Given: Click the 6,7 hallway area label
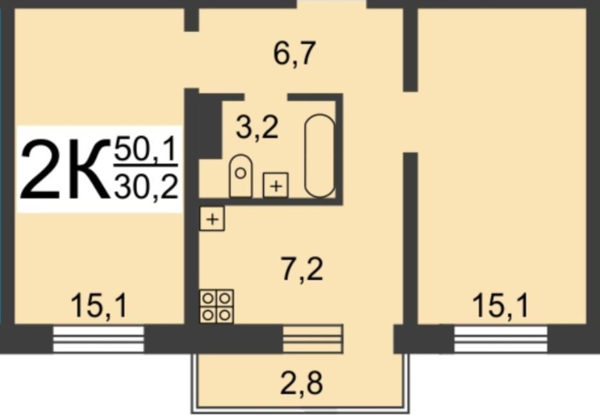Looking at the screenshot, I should [x=295, y=54].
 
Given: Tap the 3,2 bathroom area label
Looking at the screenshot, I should [x=256, y=128].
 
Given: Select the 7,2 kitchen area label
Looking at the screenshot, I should [x=302, y=270].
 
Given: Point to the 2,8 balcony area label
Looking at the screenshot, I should [x=301, y=383].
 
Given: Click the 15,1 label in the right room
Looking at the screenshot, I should [x=500, y=306].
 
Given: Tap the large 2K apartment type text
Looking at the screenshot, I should [x=62, y=171].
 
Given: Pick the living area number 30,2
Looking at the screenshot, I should [x=145, y=187].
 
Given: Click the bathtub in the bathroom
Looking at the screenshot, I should [x=319, y=155].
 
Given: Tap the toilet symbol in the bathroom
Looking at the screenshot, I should [x=240, y=176].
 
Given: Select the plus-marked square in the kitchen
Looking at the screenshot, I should [x=212, y=219].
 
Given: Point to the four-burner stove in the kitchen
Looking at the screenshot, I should [x=217, y=307].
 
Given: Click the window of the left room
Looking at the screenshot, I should [x=98, y=338].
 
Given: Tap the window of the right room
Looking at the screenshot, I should [x=500, y=338].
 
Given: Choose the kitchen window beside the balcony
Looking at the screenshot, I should [x=313, y=338].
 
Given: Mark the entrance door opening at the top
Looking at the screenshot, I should [x=331, y=4].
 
